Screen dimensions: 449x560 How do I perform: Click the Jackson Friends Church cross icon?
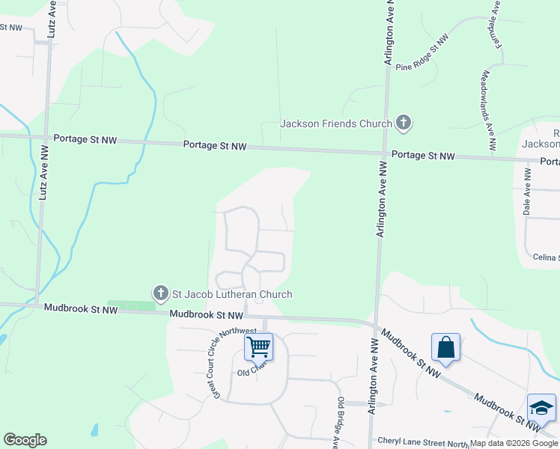coord(404,123)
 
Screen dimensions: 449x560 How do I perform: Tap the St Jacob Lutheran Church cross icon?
coord(159,294)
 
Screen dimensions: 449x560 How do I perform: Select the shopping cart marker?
coord(258,347)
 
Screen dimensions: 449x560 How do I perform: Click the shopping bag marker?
coord(445,348)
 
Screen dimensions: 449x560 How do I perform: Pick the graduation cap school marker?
coord(541,408)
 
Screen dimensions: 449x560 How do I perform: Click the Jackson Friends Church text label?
coord(336,123)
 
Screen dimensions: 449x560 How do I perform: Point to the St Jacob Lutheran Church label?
coord(232,295)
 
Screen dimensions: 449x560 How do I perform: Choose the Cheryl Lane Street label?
coord(423,442)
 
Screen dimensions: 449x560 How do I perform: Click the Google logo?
coord(25,440)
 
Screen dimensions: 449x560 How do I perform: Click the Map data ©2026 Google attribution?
coord(514,443)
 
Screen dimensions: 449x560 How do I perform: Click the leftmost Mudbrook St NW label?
coord(80,308)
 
